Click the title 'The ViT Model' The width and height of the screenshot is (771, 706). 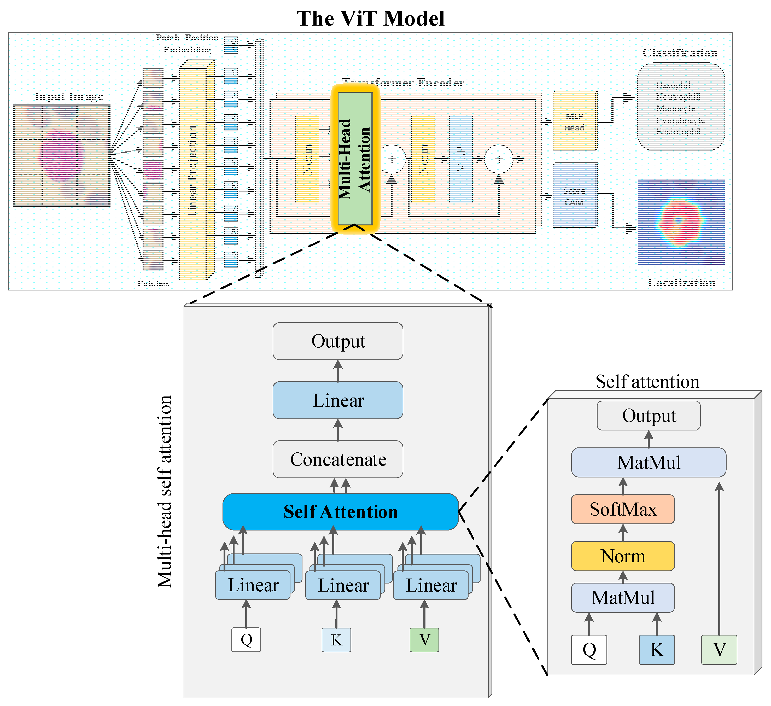pyautogui.click(x=370, y=18)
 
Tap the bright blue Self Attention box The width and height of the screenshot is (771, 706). pyautogui.click(x=340, y=511)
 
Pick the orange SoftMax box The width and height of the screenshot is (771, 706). pyautogui.click(x=623, y=509)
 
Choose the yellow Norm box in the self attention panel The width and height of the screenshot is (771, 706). pyautogui.click(x=623, y=556)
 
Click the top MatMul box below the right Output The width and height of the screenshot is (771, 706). pyautogui.click(x=648, y=462)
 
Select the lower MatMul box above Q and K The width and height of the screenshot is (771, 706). pyautogui.click(x=623, y=597)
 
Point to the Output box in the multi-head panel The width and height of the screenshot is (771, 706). pyautogui.click(x=338, y=341)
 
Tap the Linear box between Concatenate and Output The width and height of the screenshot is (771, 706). pyautogui.click(x=338, y=400)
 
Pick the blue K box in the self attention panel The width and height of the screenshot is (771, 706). pyautogui.click(x=656, y=649)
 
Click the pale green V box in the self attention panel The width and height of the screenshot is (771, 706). pyautogui.click(x=719, y=649)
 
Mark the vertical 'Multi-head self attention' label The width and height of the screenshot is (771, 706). pyautogui.click(x=165, y=492)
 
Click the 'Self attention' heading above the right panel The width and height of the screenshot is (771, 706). pyautogui.click(x=647, y=382)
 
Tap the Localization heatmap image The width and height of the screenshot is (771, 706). pyautogui.click(x=681, y=222)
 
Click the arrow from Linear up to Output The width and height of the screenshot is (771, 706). pyautogui.click(x=338, y=371)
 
